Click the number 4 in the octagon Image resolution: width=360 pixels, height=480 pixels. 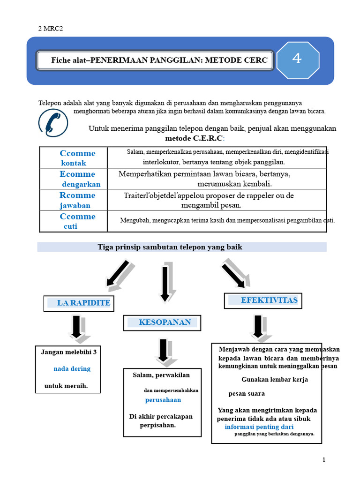pyautogui.click(x=297, y=58)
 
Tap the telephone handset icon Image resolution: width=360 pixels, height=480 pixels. pyautogui.click(x=53, y=123)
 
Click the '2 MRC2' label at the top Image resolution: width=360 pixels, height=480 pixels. pyautogui.click(x=51, y=29)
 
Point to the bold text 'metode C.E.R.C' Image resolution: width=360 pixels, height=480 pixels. pyautogui.click(x=194, y=138)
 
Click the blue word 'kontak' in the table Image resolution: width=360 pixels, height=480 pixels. pyautogui.click(x=74, y=163)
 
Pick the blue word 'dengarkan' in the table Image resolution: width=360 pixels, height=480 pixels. pyautogui.click(x=81, y=184)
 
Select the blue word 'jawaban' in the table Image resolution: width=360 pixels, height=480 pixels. pyautogui.click(x=75, y=205)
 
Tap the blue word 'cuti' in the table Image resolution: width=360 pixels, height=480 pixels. pyautogui.click(x=70, y=226)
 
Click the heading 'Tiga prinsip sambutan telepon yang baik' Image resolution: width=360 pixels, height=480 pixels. pyautogui.click(x=170, y=247)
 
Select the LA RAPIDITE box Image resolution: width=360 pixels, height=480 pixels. pyautogui.click(x=79, y=303)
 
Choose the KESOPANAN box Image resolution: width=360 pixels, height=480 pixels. pyautogui.click(x=162, y=322)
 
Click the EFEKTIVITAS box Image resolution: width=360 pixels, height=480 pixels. pyautogui.click(x=263, y=300)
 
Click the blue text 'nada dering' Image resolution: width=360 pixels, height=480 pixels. pyautogui.click(x=72, y=368)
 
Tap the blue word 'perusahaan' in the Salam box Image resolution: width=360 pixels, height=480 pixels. pyautogui.click(x=163, y=400)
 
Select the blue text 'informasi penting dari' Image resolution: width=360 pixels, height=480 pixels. pyautogui.click(x=259, y=427)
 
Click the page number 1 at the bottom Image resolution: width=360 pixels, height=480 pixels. pyautogui.click(x=324, y=459)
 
